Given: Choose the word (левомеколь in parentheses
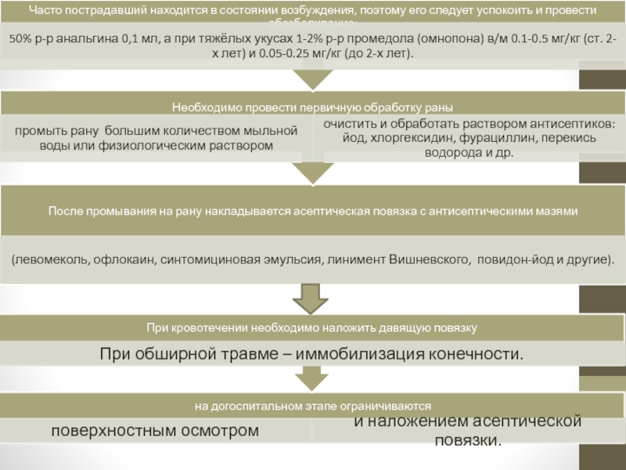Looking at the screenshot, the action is click(x=51, y=258).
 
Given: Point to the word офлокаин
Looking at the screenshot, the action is click(x=126, y=258).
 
